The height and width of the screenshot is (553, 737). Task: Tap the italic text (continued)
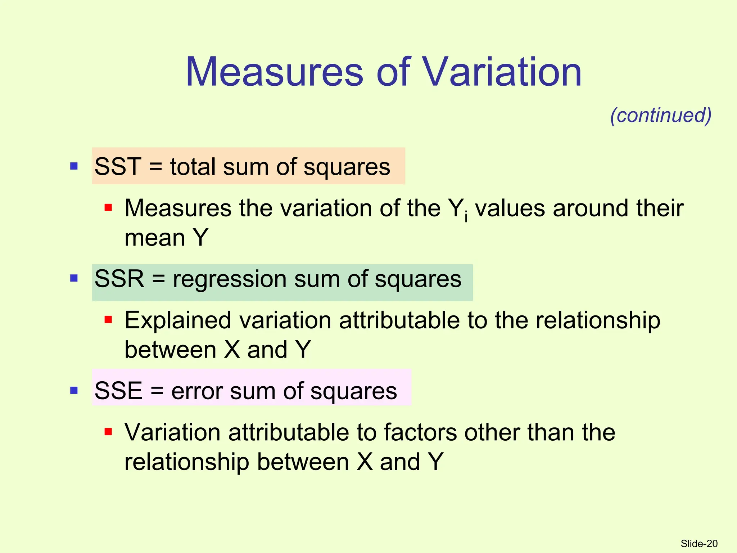(x=661, y=115)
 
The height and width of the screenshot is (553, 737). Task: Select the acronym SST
(x=118, y=167)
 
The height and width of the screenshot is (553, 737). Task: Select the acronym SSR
(x=119, y=279)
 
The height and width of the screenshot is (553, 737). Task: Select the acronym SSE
(x=118, y=391)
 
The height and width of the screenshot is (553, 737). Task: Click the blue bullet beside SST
(x=74, y=166)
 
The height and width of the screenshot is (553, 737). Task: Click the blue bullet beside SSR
(x=74, y=278)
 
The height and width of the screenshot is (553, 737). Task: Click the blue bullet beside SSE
(x=74, y=390)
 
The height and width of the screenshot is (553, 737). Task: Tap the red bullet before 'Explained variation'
(x=108, y=319)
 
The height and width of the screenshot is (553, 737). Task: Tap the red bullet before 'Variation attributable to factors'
(x=108, y=431)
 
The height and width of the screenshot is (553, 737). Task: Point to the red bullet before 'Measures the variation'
(x=108, y=207)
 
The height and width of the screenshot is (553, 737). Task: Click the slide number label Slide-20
(x=699, y=544)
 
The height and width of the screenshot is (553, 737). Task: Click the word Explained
(x=177, y=320)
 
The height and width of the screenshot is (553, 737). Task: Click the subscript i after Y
(x=466, y=217)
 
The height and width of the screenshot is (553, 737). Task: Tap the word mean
(x=155, y=238)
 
